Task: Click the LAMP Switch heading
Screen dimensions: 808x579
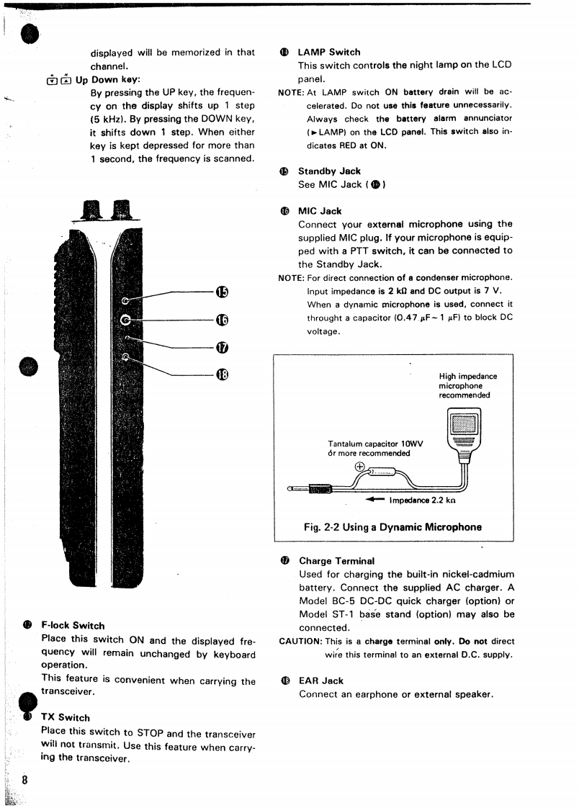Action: point(328,52)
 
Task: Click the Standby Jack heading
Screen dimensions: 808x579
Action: point(329,171)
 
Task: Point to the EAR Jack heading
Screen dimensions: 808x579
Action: point(321,680)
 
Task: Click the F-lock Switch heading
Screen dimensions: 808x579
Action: point(73,625)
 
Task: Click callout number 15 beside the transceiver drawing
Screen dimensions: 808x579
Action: point(221,291)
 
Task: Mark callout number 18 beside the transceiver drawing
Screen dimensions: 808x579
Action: point(221,374)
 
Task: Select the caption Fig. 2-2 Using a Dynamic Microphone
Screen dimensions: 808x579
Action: point(392,526)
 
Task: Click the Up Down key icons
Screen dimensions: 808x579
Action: point(58,79)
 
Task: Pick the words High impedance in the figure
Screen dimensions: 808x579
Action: point(468,376)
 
